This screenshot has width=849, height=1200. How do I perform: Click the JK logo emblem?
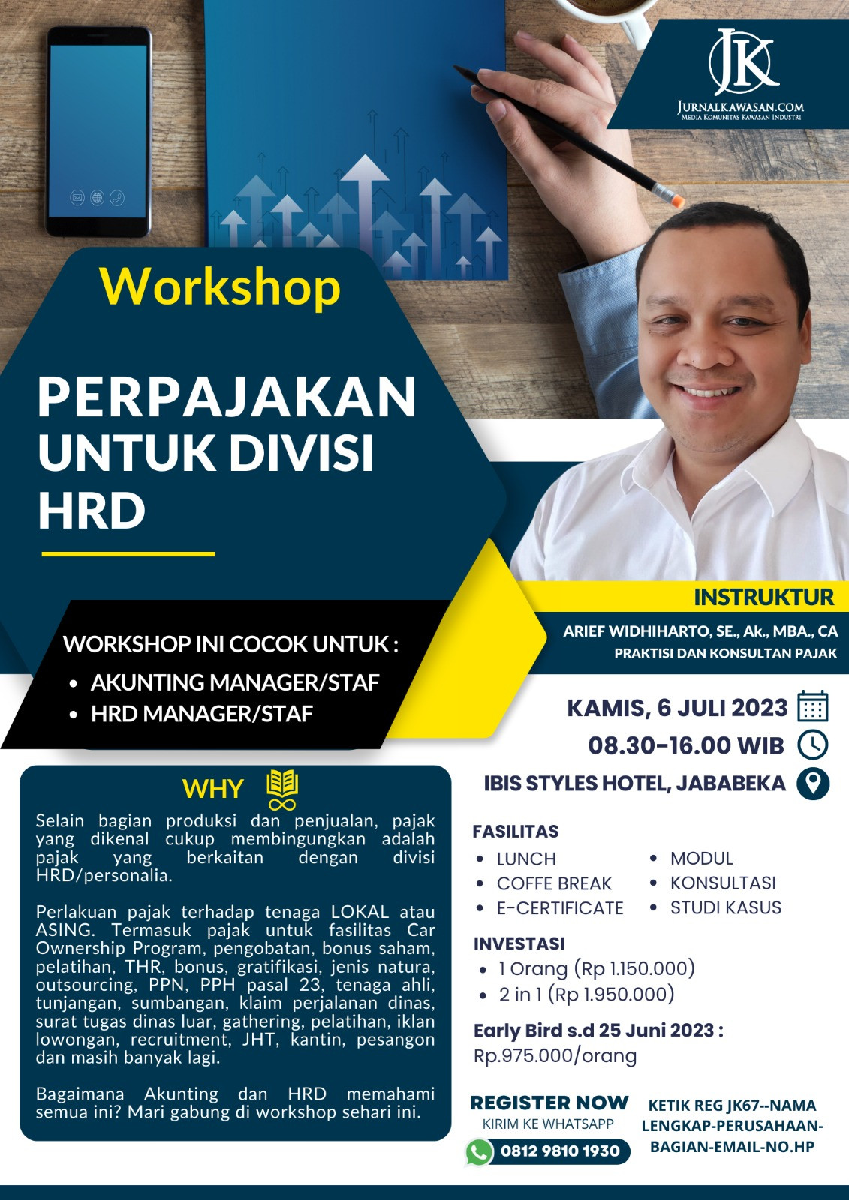click(743, 61)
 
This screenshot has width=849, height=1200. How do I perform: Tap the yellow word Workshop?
click(220, 287)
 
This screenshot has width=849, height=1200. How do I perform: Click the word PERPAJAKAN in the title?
click(227, 397)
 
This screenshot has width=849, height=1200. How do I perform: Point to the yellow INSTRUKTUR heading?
click(763, 597)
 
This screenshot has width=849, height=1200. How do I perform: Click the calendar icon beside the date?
click(812, 706)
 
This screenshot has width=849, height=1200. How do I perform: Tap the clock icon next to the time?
click(812, 745)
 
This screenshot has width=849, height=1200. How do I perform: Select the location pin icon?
click(813, 784)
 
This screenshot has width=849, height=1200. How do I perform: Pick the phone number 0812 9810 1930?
click(560, 1150)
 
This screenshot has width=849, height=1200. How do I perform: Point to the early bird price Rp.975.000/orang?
click(555, 1056)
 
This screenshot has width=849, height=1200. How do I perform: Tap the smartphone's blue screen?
click(98, 131)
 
